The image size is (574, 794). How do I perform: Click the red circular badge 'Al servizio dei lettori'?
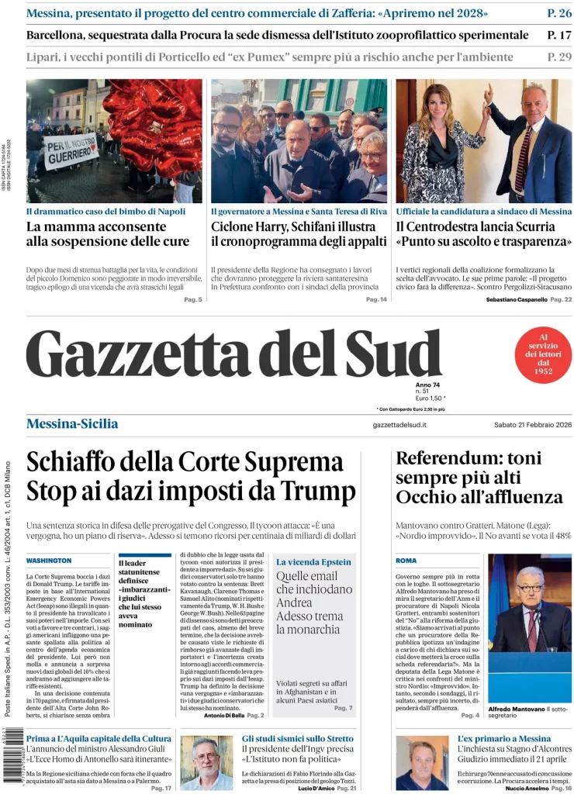click(x=543, y=354)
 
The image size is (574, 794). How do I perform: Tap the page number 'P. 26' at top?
click(x=558, y=13)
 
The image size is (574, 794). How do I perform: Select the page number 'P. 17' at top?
click(x=558, y=35)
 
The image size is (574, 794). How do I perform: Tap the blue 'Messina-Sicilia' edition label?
click(x=72, y=423)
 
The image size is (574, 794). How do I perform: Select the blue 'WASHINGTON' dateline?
click(x=49, y=560)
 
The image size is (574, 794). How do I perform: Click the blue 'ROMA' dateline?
click(x=406, y=560)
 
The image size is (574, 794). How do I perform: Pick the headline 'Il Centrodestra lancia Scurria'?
click(x=475, y=226)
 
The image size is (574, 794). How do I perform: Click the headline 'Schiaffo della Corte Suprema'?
click(x=185, y=462)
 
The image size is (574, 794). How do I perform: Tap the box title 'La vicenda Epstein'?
click(x=313, y=561)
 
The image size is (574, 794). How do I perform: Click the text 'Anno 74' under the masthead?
click(x=427, y=385)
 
